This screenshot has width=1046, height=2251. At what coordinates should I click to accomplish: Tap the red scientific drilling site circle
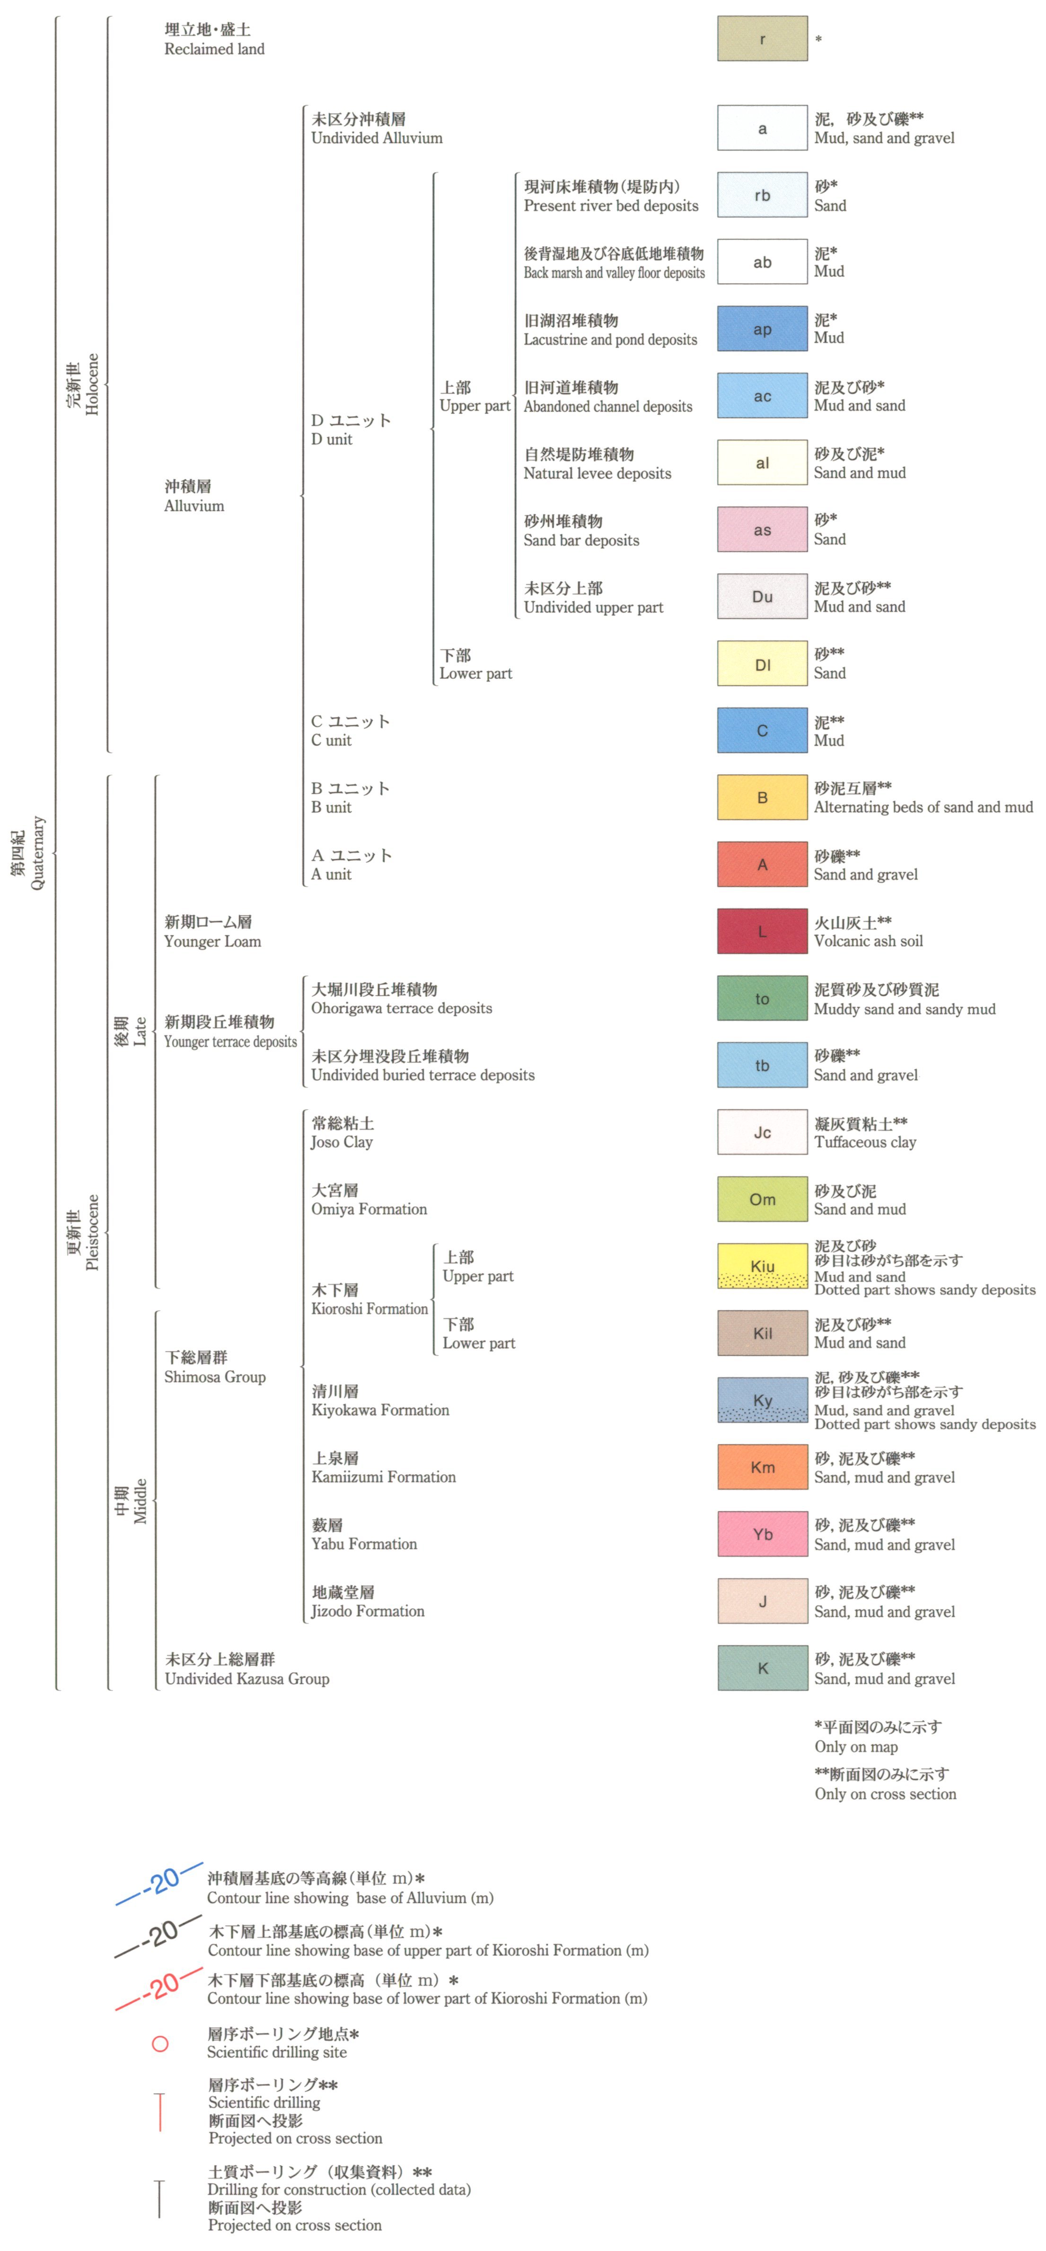tap(160, 2044)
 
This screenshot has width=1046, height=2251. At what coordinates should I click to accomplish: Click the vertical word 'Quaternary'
tap(37, 853)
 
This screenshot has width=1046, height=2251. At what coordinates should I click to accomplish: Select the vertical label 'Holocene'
tap(92, 385)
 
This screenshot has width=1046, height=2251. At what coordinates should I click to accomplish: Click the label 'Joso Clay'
tap(342, 1142)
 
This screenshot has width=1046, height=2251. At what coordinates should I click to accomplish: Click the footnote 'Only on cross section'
tap(885, 1794)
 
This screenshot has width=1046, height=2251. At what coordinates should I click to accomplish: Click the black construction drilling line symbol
tap(159, 2198)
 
